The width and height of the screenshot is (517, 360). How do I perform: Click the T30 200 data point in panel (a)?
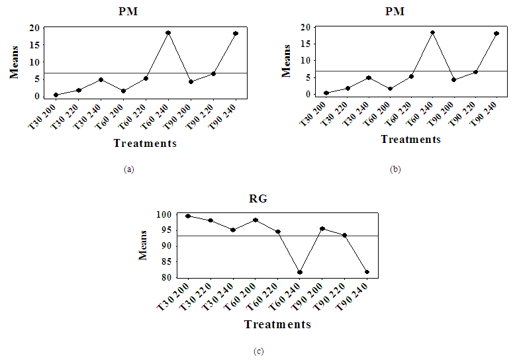click(56, 95)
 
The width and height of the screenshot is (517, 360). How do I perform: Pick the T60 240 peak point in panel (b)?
click(432, 32)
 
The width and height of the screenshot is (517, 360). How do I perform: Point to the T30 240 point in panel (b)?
click(369, 77)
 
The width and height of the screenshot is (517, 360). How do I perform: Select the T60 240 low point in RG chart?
click(300, 272)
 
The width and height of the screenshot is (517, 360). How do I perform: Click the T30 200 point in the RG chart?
click(188, 216)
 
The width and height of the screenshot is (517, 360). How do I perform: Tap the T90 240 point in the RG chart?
click(367, 272)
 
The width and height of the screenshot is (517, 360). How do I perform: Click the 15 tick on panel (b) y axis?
click(306, 44)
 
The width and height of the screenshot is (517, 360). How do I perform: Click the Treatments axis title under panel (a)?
click(145, 144)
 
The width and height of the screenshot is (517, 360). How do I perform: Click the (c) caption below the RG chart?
click(259, 351)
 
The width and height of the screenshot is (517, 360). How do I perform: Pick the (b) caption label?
click(395, 169)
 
